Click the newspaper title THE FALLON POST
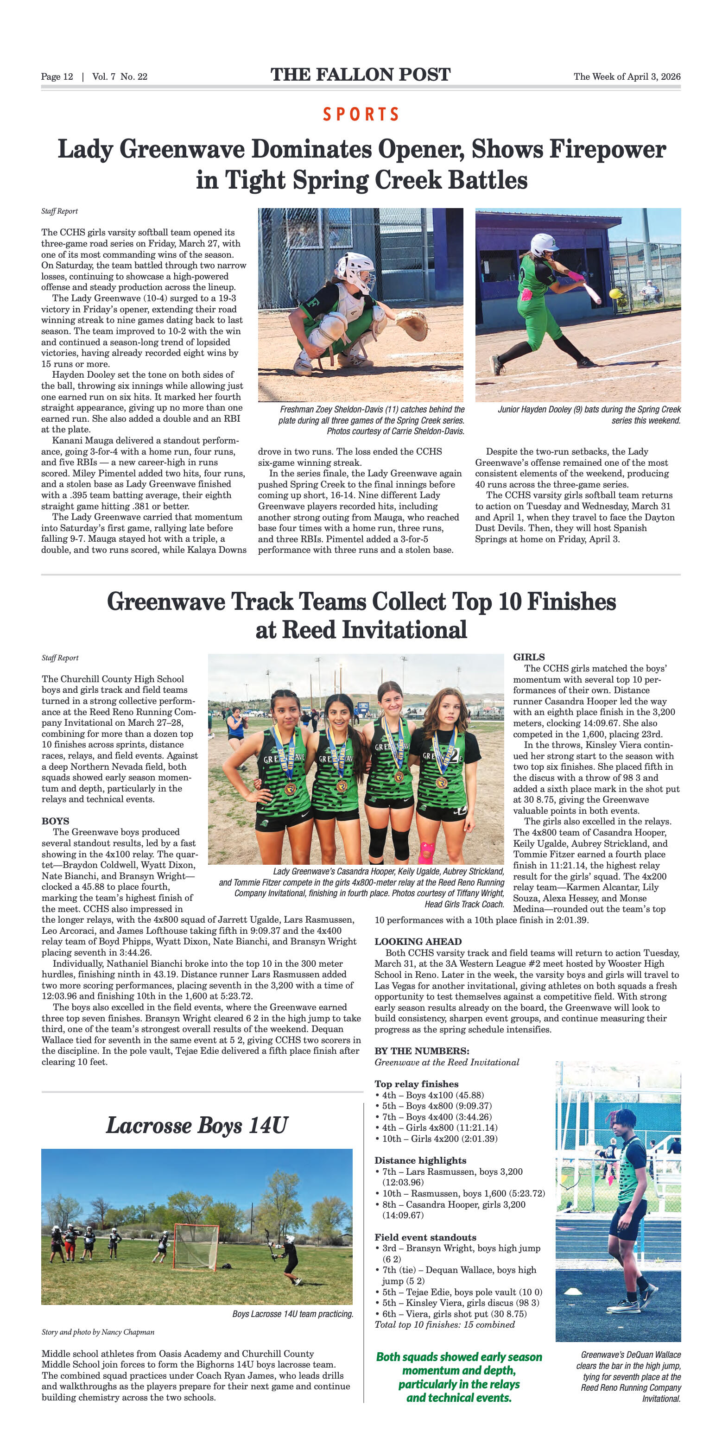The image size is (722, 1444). (x=361, y=75)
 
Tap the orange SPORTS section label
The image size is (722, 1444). (x=361, y=114)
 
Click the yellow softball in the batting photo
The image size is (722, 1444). (x=615, y=293)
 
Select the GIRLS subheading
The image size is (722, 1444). (x=529, y=657)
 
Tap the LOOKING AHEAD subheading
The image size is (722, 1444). (x=418, y=942)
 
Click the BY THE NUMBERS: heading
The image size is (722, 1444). (x=422, y=1051)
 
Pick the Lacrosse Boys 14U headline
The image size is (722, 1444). (x=197, y=1126)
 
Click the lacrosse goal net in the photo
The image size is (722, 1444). (x=196, y=1246)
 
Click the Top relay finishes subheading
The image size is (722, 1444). (x=417, y=1084)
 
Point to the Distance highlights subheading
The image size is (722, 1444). (x=420, y=1160)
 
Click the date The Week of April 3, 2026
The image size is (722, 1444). (x=627, y=76)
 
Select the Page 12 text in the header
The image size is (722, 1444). (x=57, y=76)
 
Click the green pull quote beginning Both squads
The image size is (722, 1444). (x=458, y=1377)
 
